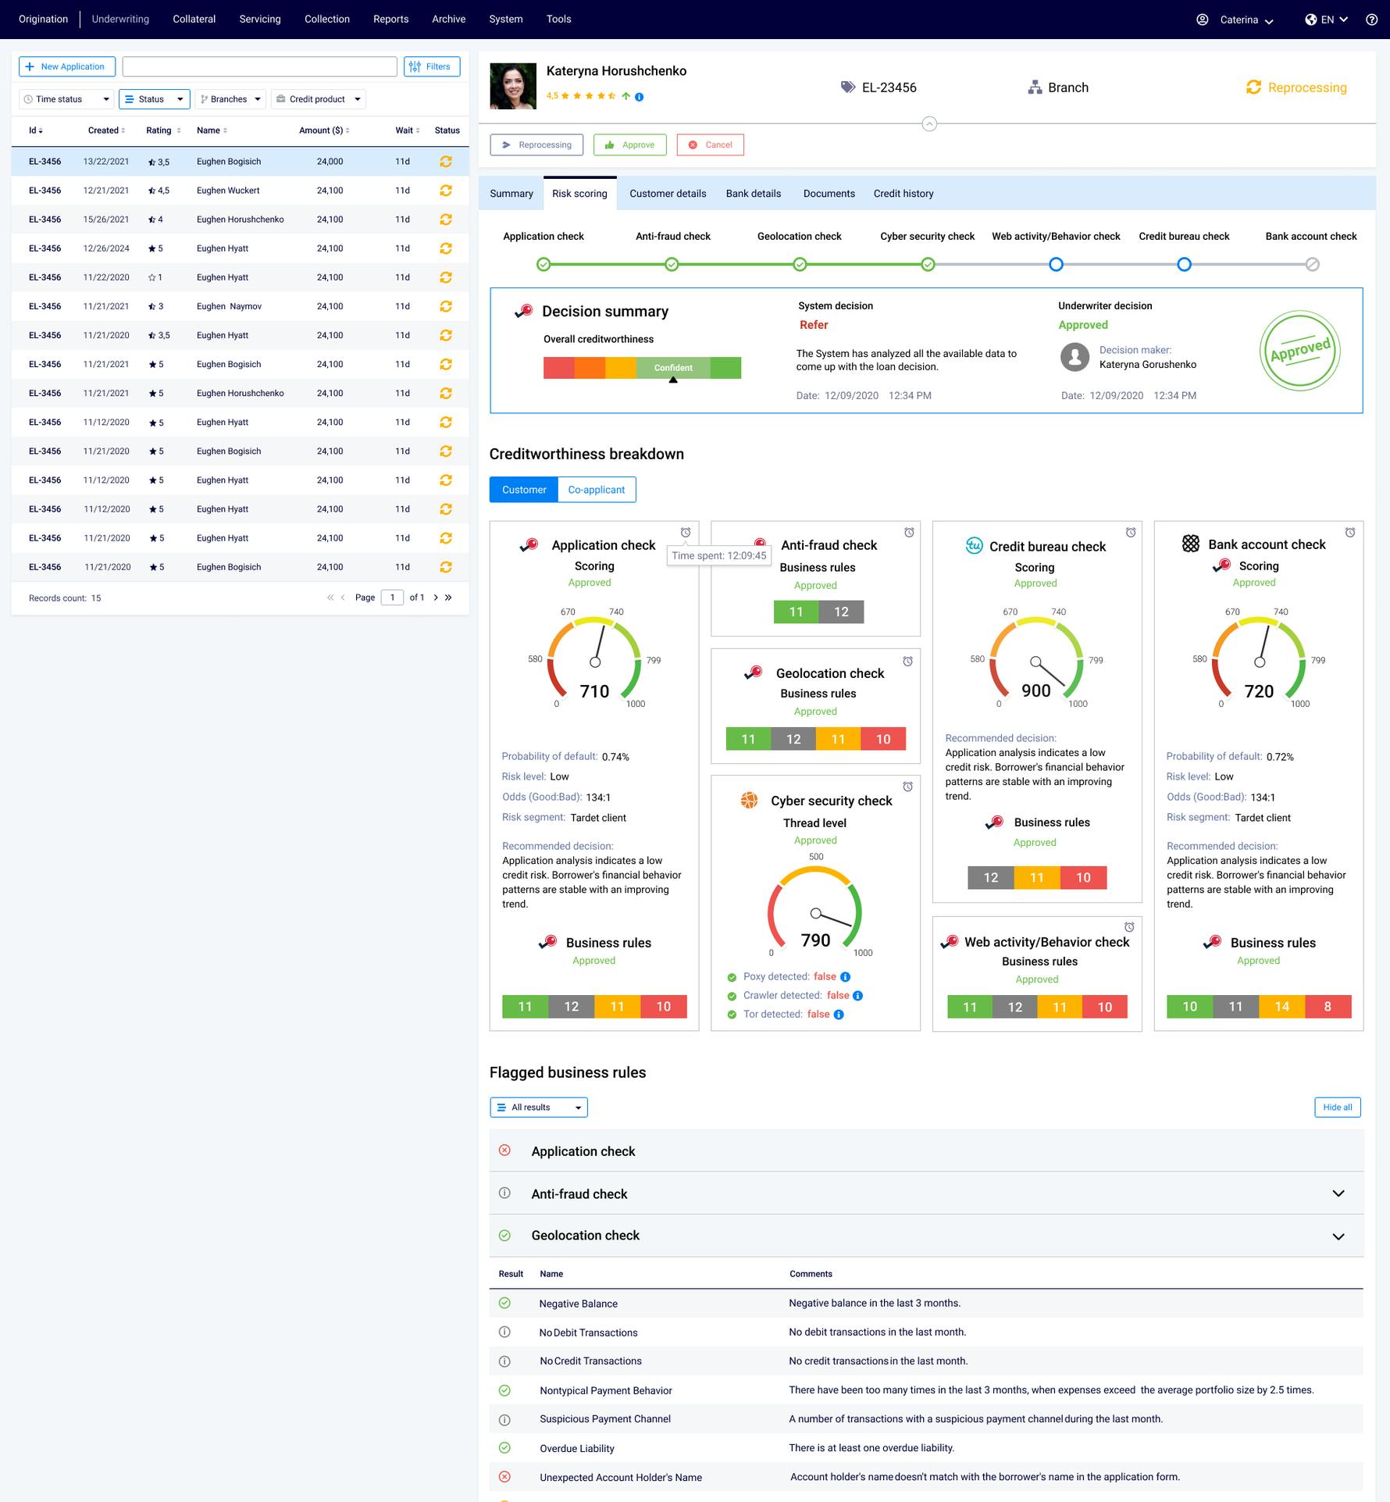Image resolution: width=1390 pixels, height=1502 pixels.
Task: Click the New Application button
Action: [67, 67]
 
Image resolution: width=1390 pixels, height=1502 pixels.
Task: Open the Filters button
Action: [432, 67]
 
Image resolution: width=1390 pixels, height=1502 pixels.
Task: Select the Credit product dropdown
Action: [318, 99]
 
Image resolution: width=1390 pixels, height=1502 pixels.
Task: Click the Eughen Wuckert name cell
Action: [228, 191]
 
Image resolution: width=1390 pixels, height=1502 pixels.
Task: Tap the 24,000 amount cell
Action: [330, 162]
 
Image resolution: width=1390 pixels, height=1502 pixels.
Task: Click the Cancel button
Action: [710, 145]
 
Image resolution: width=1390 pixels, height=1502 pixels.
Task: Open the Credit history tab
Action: [903, 194]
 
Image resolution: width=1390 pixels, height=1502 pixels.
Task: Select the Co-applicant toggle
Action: [596, 490]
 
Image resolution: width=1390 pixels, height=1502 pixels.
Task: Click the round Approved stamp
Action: [1299, 351]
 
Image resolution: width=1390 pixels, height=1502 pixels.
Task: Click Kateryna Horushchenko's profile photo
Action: [513, 86]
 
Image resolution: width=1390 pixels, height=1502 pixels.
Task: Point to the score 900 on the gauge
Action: [1035, 690]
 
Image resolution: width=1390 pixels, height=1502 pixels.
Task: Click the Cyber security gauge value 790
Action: [815, 940]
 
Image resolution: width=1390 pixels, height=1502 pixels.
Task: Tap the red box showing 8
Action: [1328, 1007]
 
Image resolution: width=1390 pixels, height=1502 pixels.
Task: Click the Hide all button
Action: [1337, 1108]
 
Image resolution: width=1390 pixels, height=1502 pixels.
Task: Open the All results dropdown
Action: [539, 1108]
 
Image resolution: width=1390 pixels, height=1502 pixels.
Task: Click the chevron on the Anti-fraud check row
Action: [1338, 1193]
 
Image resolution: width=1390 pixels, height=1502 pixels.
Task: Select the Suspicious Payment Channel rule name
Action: [604, 1419]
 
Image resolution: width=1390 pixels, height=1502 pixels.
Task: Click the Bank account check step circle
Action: [1312, 265]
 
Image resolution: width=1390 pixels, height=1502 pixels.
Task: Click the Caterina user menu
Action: [1246, 20]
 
